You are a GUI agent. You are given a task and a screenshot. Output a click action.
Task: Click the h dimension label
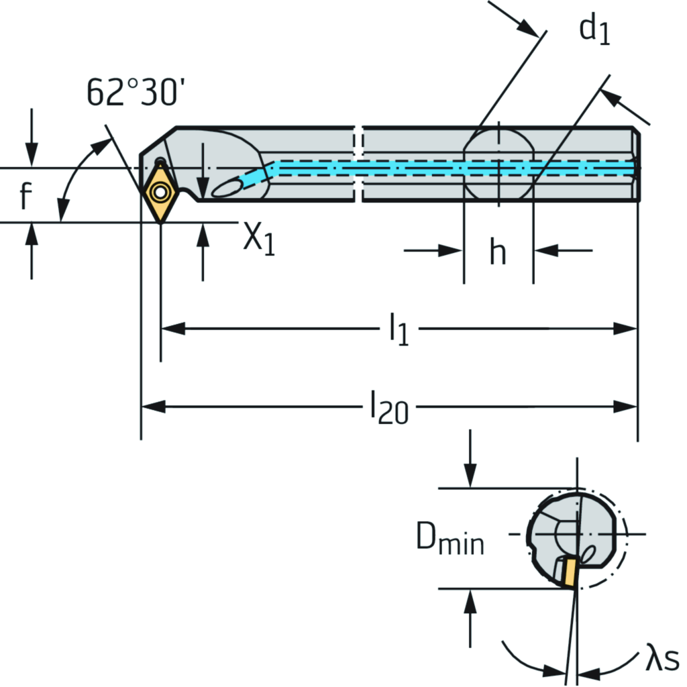(x=497, y=252)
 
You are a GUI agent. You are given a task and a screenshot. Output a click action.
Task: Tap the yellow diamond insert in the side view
(x=160, y=193)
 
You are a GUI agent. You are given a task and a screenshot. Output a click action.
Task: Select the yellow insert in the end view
(x=569, y=572)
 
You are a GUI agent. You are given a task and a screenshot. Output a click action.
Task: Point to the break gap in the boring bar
(x=358, y=163)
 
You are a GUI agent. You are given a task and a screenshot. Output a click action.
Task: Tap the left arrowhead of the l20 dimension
(x=150, y=407)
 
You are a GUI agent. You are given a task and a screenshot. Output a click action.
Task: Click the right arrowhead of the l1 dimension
(x=627, y=329)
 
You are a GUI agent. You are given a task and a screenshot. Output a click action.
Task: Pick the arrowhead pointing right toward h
(x=452, y=251)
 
